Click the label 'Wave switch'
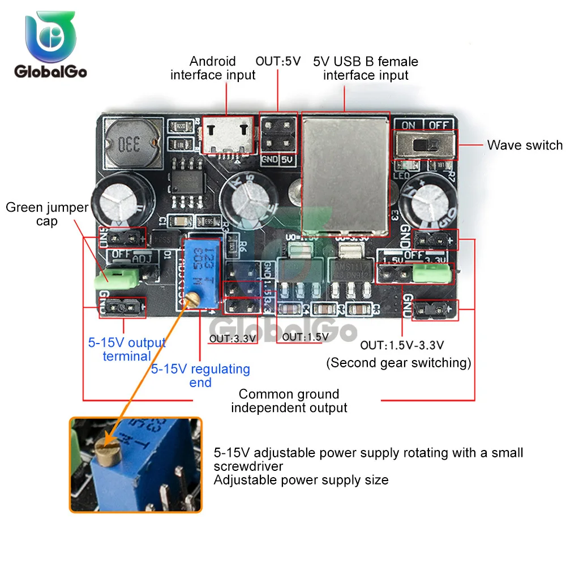(525, 145)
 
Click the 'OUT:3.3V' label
(233, 339)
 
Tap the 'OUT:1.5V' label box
(305, 337)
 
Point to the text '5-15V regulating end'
(200, 376)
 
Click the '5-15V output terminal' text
(126, 349)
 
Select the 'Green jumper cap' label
(47, 214)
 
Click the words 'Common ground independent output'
(289, 401)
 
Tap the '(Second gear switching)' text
(398, 363)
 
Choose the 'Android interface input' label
(213, 68)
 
